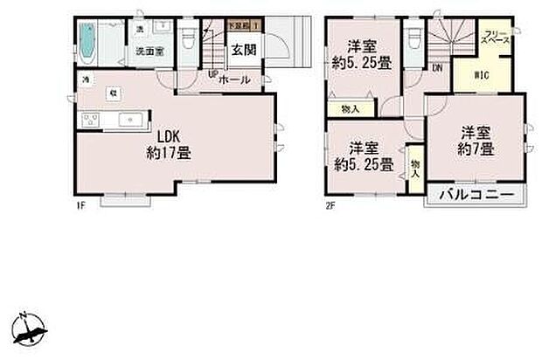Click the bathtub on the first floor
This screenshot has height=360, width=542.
coord(89,40)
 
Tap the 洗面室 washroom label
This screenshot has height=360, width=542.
coord(149,51)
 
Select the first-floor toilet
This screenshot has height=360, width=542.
coord(188,41)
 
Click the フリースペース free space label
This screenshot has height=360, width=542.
coord(497,38)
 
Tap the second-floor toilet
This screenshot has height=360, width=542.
coord(413,38)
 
